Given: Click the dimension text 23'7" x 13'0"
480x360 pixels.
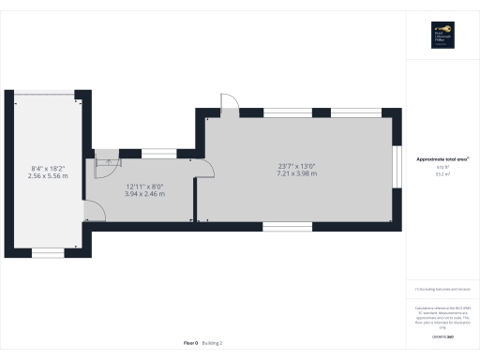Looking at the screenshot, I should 296,166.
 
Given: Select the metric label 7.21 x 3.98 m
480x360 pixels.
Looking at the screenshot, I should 296,173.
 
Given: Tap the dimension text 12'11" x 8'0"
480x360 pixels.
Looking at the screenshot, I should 145,187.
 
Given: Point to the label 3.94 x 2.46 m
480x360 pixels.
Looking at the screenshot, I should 145,194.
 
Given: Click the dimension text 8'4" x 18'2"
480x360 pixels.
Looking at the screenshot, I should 48,168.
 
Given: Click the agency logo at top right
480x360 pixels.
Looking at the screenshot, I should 440,35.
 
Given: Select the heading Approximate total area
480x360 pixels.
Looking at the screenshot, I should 439,159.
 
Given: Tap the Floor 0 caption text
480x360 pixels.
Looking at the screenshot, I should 191,344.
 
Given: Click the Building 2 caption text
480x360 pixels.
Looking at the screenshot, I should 213,344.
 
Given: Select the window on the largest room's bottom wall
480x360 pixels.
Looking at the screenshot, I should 288,226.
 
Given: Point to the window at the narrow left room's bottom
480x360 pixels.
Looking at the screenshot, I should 48,252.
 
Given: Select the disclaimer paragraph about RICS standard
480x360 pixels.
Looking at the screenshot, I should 439,315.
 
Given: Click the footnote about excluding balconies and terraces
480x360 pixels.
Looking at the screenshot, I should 439,289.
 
